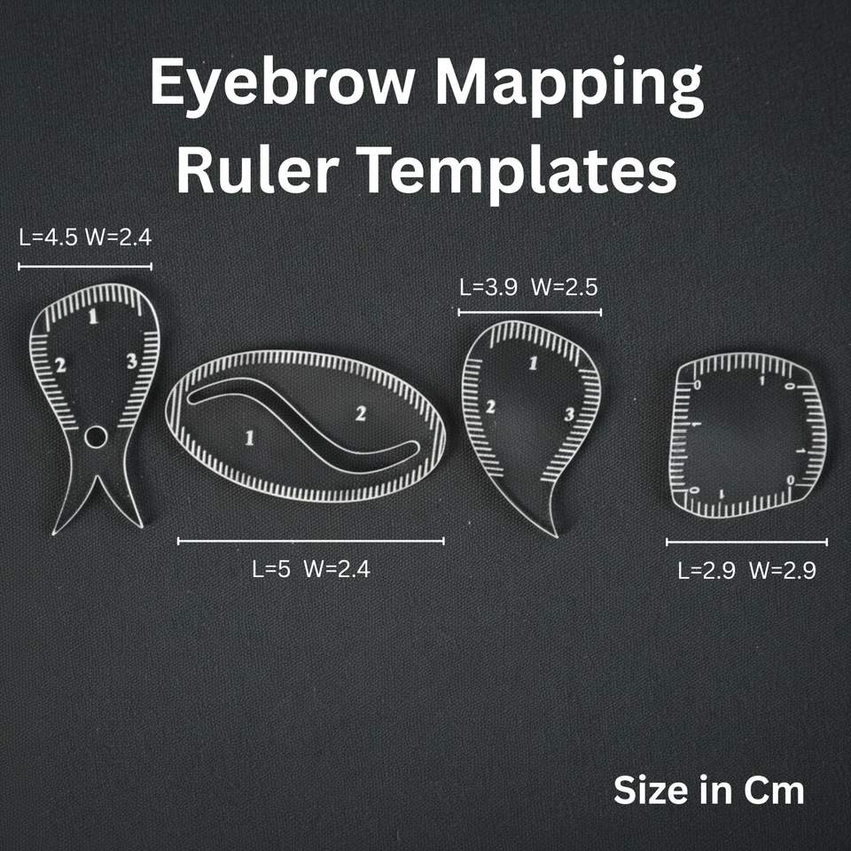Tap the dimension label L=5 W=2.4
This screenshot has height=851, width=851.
311,570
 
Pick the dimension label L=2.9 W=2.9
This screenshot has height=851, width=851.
746,571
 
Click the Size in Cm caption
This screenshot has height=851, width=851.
708,790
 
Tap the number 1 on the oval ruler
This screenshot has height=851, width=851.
249,437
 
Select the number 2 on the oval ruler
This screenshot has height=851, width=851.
361,413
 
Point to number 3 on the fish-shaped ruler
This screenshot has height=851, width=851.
130,361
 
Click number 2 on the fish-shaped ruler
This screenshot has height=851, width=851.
60,364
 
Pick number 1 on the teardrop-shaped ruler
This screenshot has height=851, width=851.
533,362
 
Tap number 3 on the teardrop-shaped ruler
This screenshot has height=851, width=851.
569,414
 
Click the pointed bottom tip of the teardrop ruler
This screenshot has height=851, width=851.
556,534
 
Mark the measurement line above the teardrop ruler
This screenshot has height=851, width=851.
529,312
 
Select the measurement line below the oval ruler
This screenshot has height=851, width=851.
310,540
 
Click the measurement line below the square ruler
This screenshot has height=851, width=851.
746,542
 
